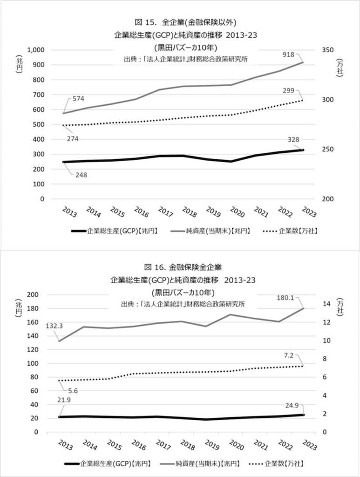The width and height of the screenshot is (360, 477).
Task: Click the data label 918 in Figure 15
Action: tap(289, 55)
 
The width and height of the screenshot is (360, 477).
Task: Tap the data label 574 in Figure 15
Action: tap(78, 99)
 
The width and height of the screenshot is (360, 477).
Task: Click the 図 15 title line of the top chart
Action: tap(179, 21)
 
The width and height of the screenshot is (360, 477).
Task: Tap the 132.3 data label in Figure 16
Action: tap(54, 326)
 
